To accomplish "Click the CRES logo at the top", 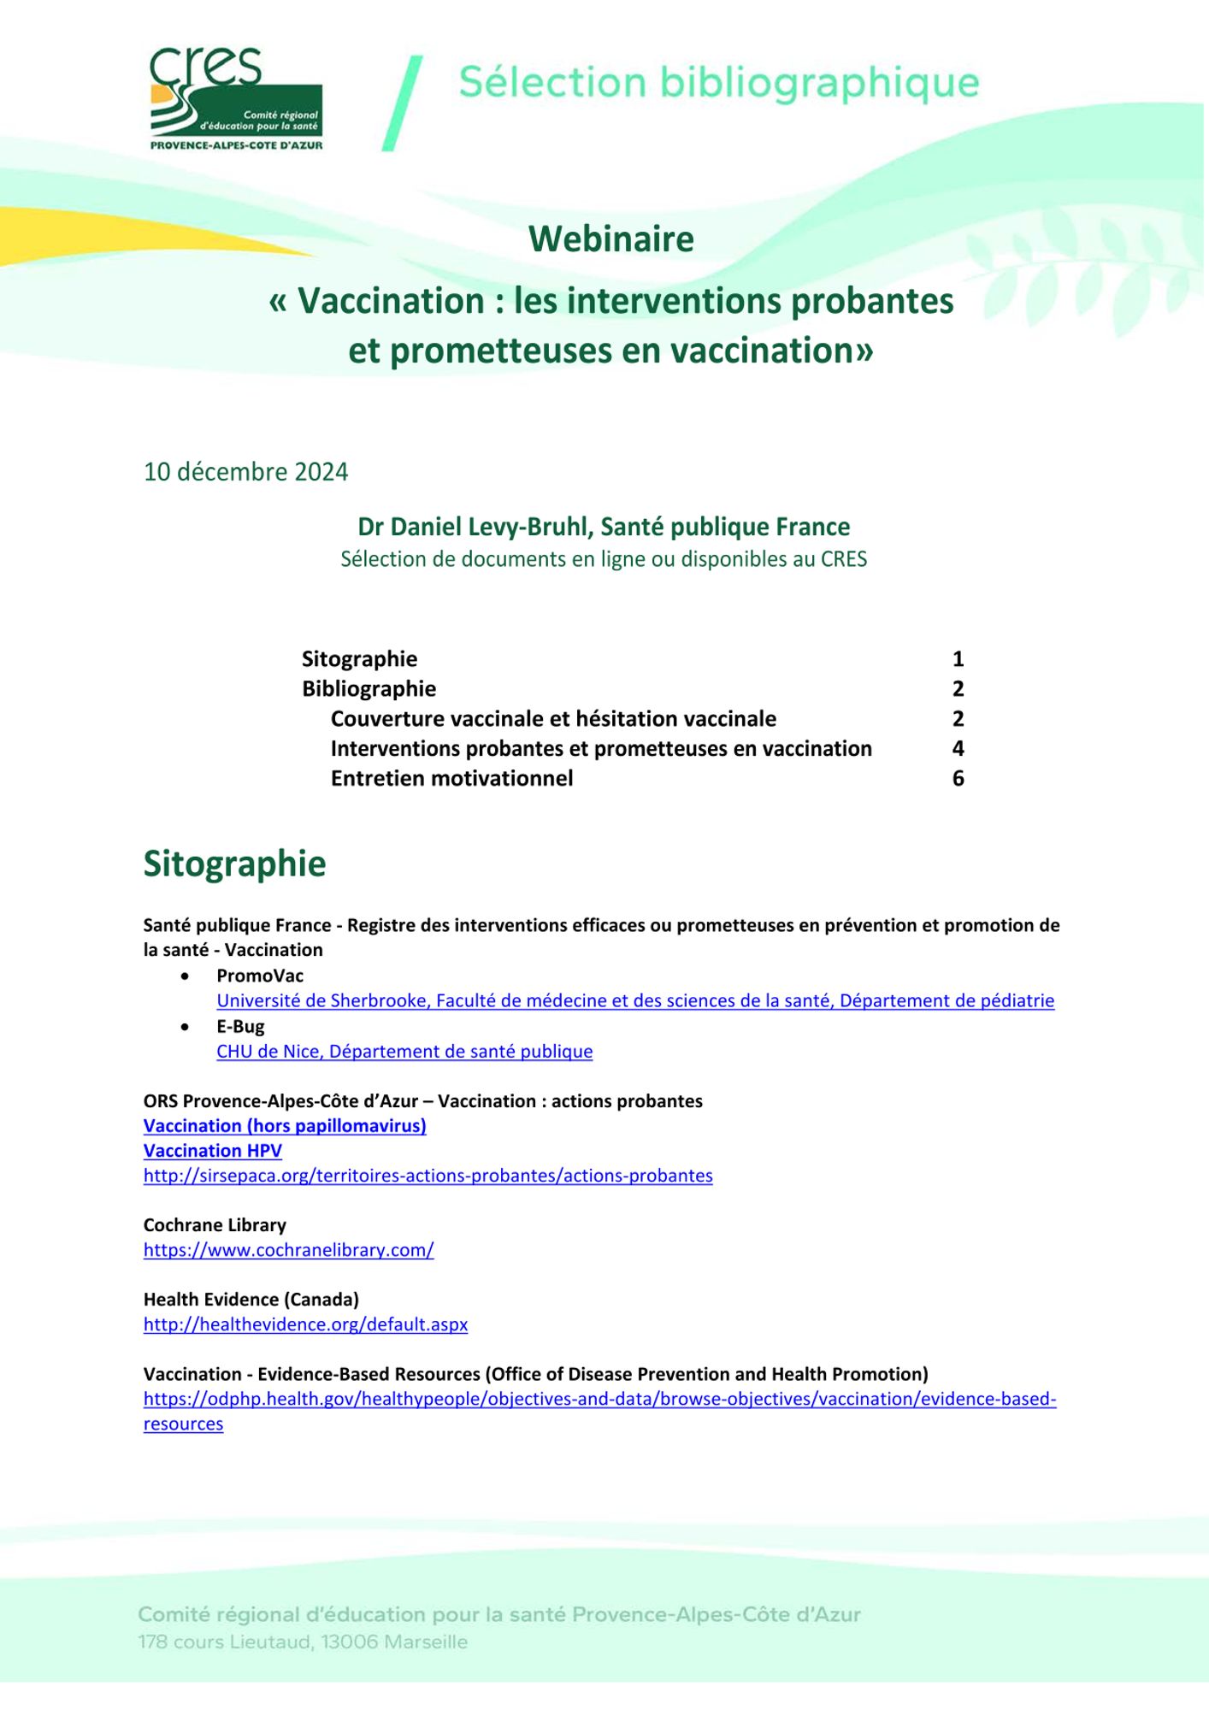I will point(236,99).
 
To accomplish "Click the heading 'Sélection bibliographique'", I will point(718,83).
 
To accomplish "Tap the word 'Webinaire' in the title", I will point(610,239).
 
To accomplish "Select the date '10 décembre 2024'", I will point(245,472).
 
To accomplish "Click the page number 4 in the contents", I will point(958,749).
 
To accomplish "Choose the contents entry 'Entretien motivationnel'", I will point(451,779).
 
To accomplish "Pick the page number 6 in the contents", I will point(958,779).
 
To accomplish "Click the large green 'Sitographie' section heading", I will point(234,864).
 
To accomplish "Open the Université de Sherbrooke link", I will point(634,1000).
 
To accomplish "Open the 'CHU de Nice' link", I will point(404,1051).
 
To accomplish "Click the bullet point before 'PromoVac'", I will point(186,976).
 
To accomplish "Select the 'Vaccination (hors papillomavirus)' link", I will point(285,1126).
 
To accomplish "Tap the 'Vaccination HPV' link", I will point(212,1151).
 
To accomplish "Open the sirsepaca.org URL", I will point(428,1176).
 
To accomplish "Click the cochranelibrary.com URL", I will point(288,1250).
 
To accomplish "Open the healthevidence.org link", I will point(305,1324).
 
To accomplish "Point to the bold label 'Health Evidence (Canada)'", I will point(251,1300).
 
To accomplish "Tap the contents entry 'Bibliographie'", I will point(369,689).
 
